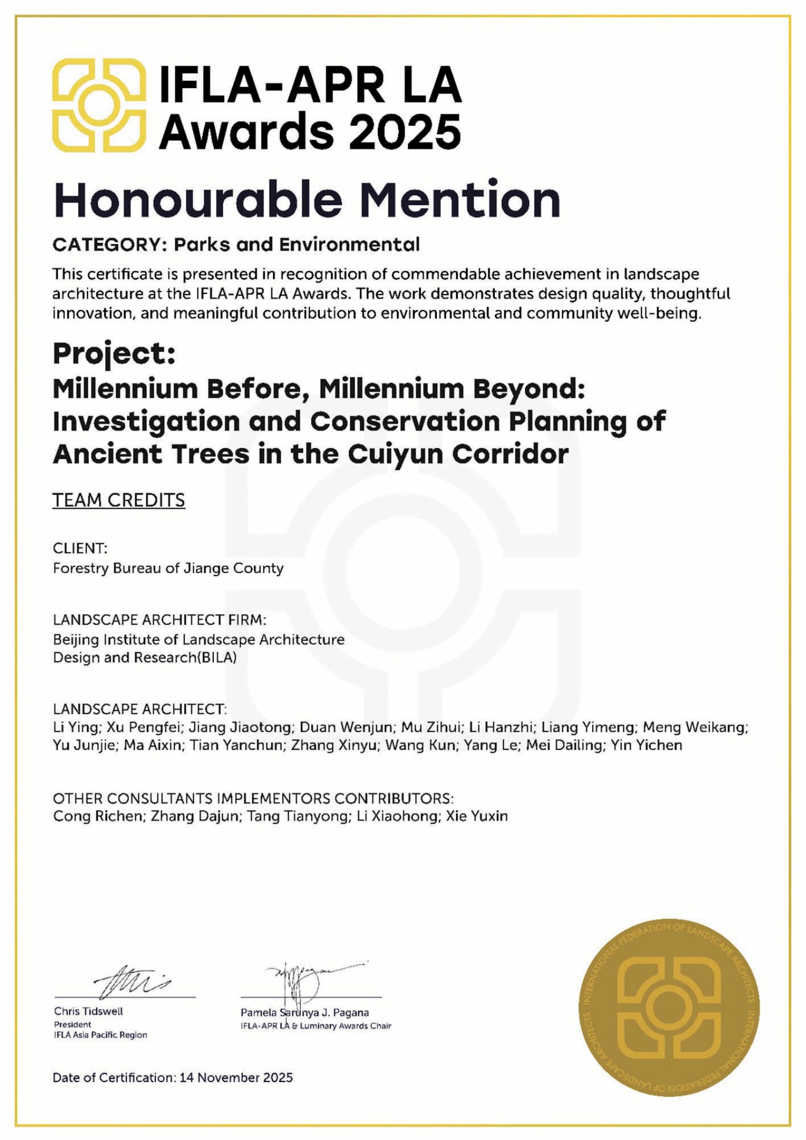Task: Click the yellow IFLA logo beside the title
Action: pyautogui.click(x=99, y=105)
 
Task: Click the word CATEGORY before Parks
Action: pyautogui.click(x=106, y=245)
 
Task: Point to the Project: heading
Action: pyautogui.click(x=114, y=354)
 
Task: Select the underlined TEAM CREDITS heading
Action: pyautogui.click(x=119, y=500)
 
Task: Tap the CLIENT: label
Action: pyautogui.click(x=80, y=548)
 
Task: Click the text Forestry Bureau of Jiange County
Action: pyautogui.click(x=168, y=568)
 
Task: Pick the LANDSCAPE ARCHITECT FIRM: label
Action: pyautogui.click(x=160, y=620)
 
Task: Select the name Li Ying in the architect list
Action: pyautogui.click(x=75, y=727)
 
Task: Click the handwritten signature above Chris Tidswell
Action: pyautogui.click(x=132, y=982)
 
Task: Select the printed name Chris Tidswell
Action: pyautogui.click(x=89, y=1011)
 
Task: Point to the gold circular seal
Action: pyautogui.click(x=669, y=1008)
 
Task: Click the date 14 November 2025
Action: pyautogui.click(x=236, y=1077)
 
